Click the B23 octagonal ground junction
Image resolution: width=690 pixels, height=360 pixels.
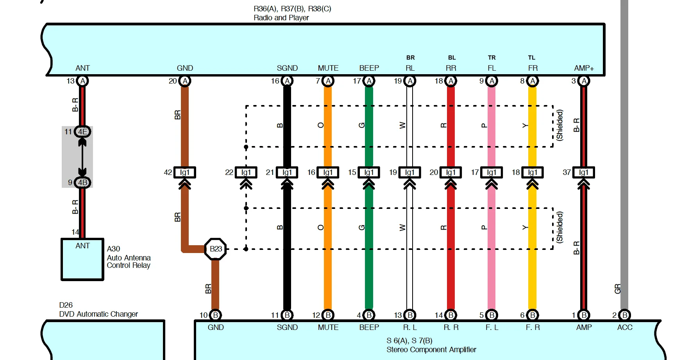click(x=216, y=249)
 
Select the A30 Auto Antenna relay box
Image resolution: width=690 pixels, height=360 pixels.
click(x=82, y=259)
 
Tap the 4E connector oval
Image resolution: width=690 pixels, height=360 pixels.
click(x=82, y=132)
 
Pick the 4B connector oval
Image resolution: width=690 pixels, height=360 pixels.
click(x=82, y=182)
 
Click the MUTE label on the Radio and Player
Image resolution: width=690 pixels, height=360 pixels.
click(x=328, y=68)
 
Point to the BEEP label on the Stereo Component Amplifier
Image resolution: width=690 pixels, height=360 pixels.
click(x=369, y=328)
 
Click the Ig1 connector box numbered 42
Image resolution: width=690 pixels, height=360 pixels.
click(x=185, y=173)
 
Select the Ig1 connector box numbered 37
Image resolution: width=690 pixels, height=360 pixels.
click(x=584, y=173)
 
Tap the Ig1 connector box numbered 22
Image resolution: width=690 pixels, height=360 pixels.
click(x=246, y=173)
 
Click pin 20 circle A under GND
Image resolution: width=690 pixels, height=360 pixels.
click(x=185, y=81)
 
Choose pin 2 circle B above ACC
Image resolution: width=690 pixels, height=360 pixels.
click(x=625, y=315)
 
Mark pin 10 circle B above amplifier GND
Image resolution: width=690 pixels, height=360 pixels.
click(x=215, y=315)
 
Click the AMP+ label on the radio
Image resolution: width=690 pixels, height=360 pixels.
click(x=584, y=68)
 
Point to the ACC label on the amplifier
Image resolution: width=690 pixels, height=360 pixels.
click(x=625, y=328)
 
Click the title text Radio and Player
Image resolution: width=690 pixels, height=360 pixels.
click(x=281, y=18)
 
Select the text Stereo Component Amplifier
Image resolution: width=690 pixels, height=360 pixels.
click(x=431, y=350)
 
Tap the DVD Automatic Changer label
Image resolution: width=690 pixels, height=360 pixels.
click(x=98, y=314)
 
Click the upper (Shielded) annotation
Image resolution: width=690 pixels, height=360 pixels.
click(x=560, y=125)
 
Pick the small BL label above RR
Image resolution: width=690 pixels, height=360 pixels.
click(x=452, y=58)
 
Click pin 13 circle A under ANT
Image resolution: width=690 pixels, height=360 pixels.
click(x=82, y=81)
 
